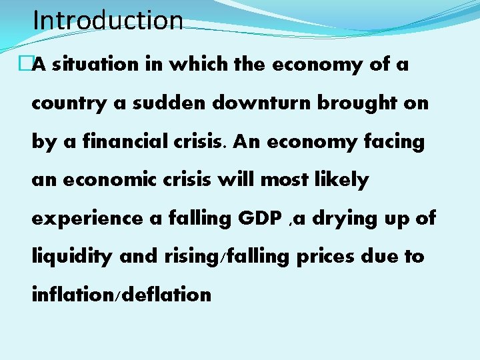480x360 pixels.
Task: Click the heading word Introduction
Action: pyautogui.click(x=107, y=20)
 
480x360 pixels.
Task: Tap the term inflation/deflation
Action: pyautogui.click(x=121, y=294)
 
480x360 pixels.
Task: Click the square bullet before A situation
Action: pyautogui.click(x=27, y=65)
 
